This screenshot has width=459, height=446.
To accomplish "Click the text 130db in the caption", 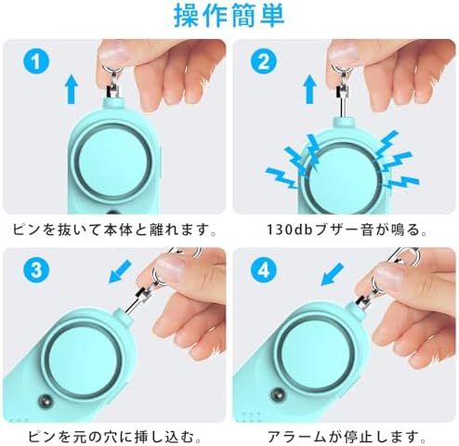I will point(290,228).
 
